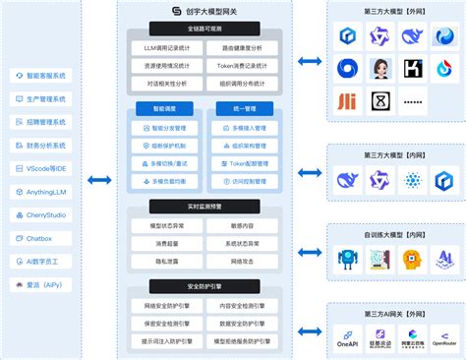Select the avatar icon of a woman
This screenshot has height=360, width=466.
pyautogui.click(x=379, y=68)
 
